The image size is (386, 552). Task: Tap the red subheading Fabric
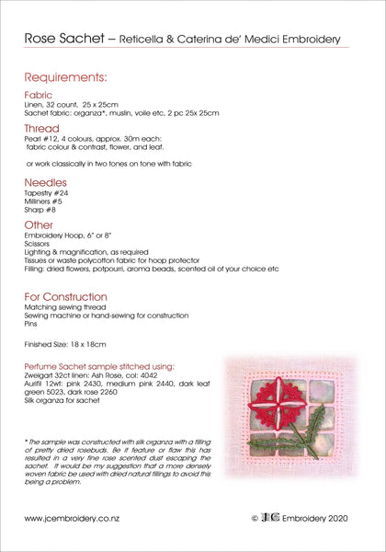click(39, 95)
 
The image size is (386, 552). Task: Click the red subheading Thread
click(41, 128)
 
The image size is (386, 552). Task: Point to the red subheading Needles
click(45, 183)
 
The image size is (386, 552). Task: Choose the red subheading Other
click(38, 224)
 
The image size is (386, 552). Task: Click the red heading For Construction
click(65, 296)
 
